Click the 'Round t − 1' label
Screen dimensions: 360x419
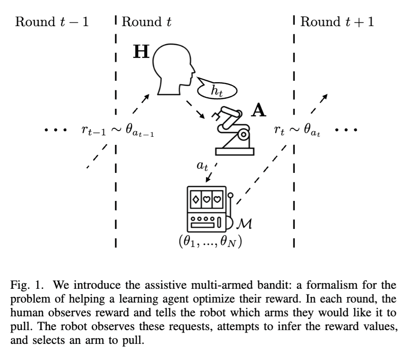(x=52, y=22)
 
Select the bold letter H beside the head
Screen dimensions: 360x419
(x=140, y=52)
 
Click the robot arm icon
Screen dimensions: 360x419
(x=234, y=131)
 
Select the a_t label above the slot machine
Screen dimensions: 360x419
(x=203, y=166)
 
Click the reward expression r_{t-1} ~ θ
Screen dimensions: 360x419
(x=118, y=131)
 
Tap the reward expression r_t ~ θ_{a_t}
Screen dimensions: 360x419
(x=297, y=131)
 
